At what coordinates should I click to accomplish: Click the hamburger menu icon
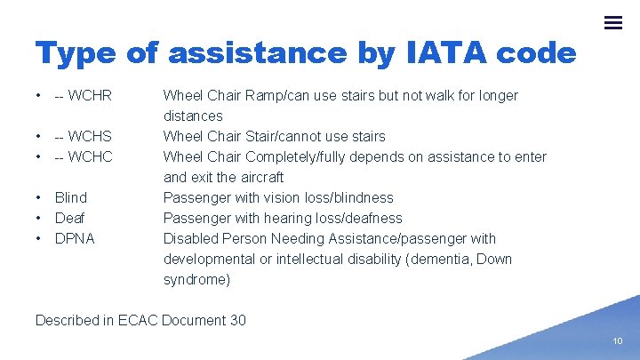613,23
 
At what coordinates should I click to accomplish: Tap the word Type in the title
76,53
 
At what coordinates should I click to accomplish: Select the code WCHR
90,95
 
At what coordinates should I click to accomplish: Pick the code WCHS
90,136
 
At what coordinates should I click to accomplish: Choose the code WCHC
90,156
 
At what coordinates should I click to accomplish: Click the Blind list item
71,197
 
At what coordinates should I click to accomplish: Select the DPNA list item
75,238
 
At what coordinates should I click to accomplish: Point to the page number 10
617,341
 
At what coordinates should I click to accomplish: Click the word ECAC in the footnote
139,320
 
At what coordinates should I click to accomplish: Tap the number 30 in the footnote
237,320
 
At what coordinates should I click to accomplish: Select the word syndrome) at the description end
196,279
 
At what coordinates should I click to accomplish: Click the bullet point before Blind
39,197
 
